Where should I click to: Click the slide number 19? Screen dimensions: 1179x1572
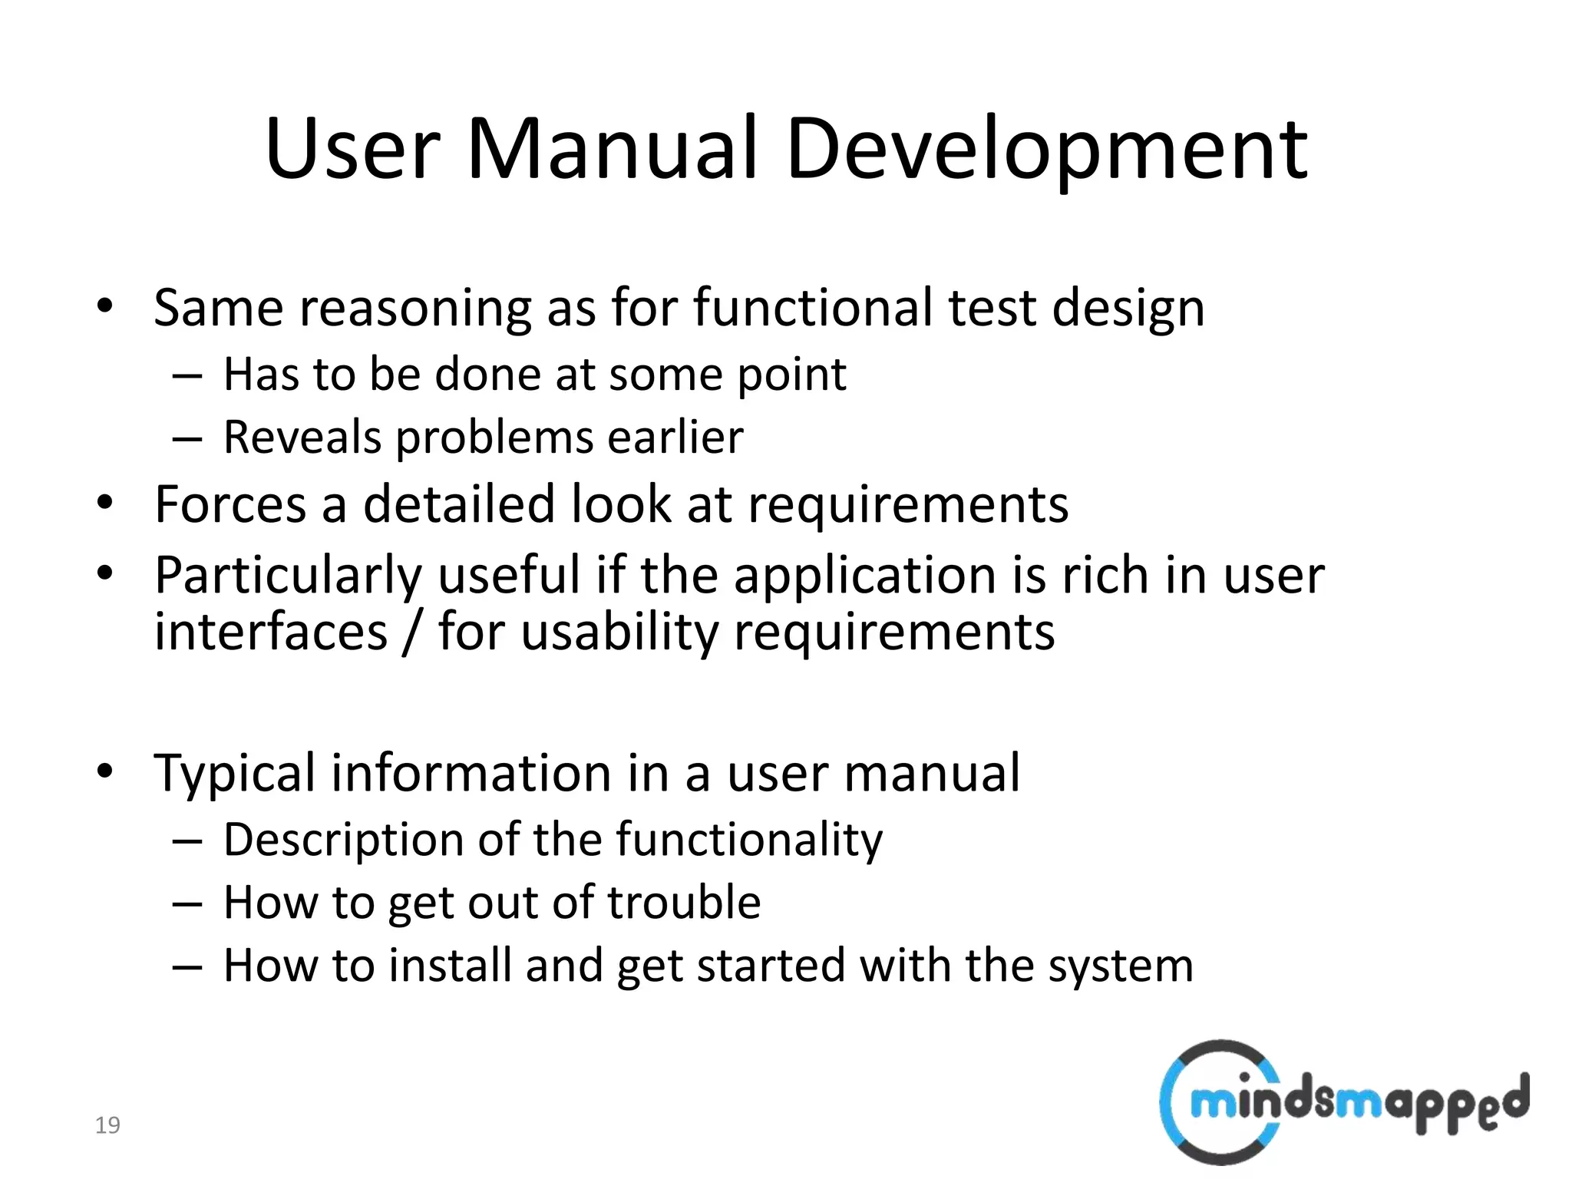[107, 1125]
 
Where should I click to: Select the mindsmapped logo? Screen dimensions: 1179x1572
[1343, 1101]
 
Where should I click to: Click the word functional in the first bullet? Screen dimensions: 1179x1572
[813, 308]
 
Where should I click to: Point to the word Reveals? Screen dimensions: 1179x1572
[302, 438]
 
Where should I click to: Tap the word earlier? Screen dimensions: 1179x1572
[675, 438]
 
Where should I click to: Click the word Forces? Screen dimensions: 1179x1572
[230, 505]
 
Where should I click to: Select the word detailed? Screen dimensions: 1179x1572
[458, 505]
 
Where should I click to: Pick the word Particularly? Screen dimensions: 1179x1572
[288, 576]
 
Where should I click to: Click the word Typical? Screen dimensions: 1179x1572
[234, 774]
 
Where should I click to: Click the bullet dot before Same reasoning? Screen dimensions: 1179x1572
[105, 307]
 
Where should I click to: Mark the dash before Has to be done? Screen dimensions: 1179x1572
[187, 376]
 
